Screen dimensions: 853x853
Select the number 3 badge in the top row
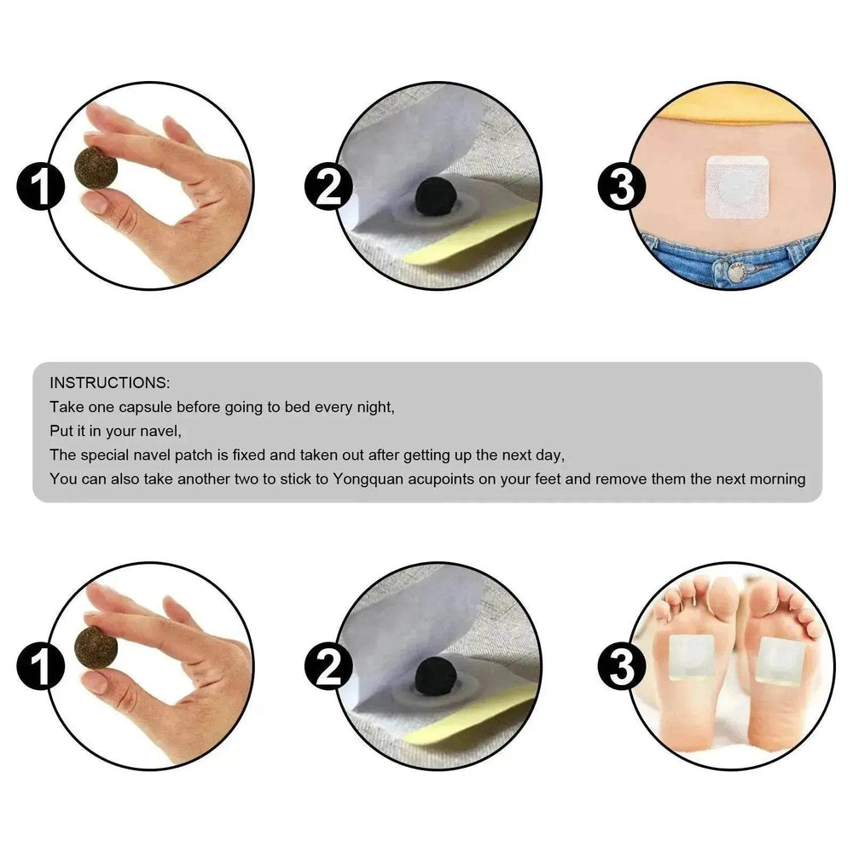coord(621,188)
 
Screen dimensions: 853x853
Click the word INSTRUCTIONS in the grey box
coord(110,381)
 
